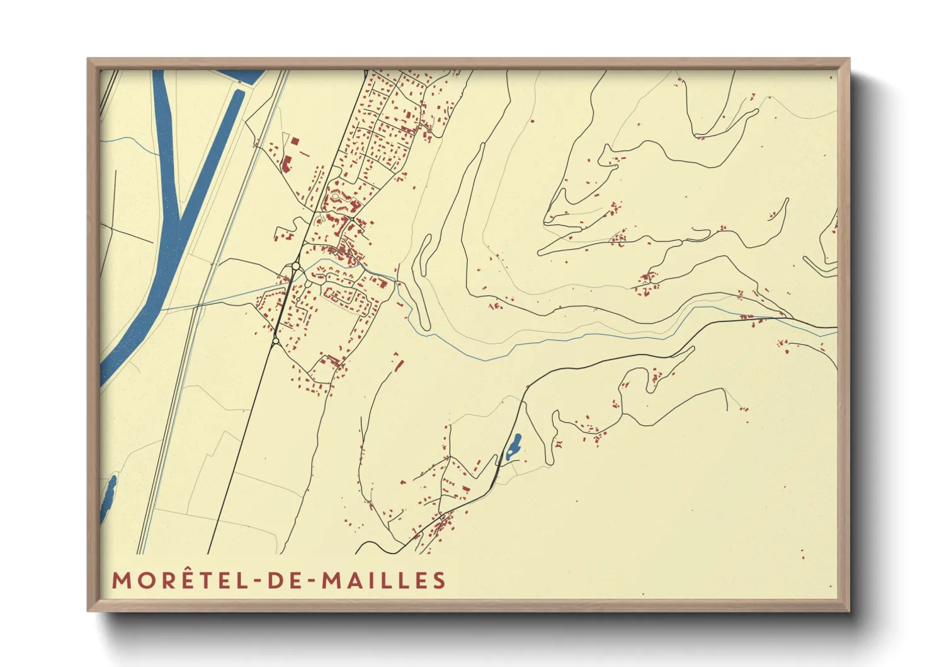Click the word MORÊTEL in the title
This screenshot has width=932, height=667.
click(x=178, y=580)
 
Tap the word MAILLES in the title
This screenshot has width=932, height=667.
click(x=384, y=580)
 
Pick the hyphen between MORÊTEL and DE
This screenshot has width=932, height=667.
click(x=255, y=581)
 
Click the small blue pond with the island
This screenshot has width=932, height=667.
click(x=513, y=445)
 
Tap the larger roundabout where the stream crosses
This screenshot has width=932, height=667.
click(x=295, y=266)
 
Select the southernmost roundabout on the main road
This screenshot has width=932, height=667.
click(x=275, y=341)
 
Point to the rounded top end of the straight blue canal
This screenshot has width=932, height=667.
click(x=239, y=94)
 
